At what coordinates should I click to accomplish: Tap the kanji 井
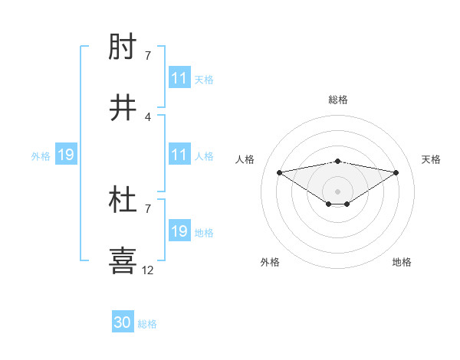tap(123, 109)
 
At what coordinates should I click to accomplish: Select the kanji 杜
tap(123, 201)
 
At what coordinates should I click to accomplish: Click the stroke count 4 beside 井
tap(148, 116)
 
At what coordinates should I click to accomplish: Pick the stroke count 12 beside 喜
tap(148, 270)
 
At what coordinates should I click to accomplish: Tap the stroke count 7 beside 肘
tap(148, 56)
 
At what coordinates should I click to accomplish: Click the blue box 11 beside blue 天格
tap(179, 78)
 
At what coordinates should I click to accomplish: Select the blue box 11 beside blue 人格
tap(179, 155)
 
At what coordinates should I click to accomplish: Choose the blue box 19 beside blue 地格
tap(179, 231)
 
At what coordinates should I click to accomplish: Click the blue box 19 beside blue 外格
tap(66, 155)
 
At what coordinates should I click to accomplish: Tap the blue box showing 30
tap(123, 323)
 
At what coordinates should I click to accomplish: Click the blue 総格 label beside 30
tap(147, 325)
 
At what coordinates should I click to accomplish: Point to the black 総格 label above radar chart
tap(338, 100)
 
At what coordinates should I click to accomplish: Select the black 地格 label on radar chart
tap(402, 262)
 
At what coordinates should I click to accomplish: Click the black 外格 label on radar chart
tap(270, 262)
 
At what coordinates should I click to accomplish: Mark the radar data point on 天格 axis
tap(396, 172)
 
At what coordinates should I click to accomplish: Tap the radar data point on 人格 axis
tap(279, 172)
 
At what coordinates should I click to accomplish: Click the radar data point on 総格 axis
tap(338, 161)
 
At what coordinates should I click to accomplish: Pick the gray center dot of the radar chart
tap(338, 191)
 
